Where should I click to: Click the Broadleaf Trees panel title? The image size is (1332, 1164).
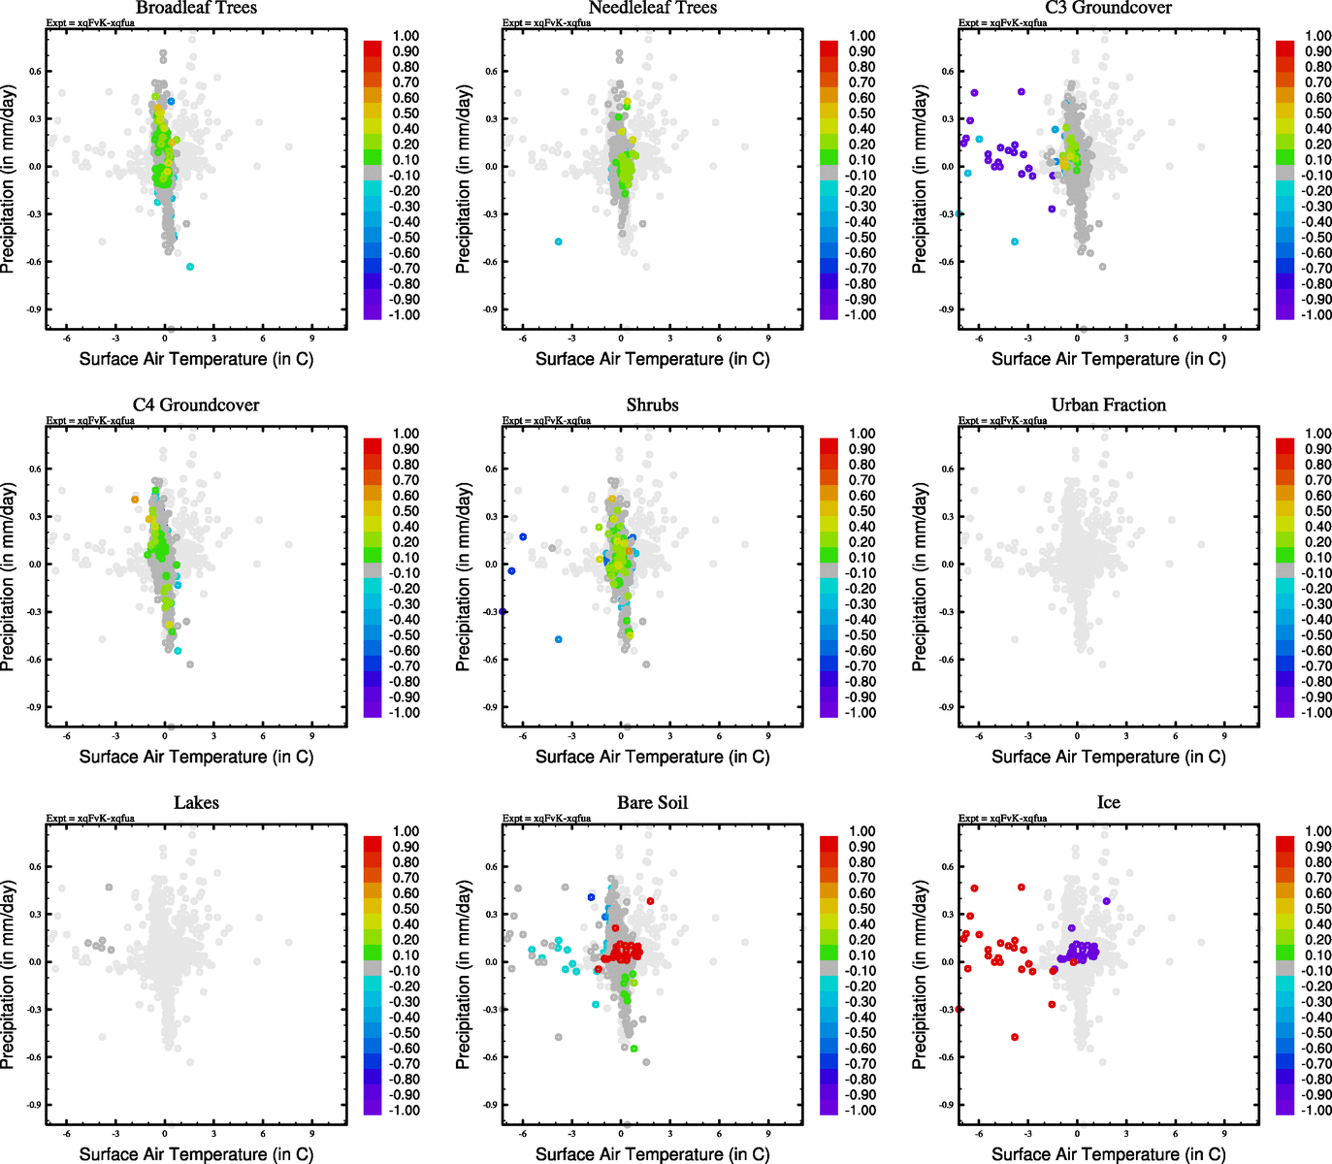click(x=196, y=8)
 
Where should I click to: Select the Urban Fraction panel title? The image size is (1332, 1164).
click(x=1108, y=405)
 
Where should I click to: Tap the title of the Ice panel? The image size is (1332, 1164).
click(x=1108, y=803)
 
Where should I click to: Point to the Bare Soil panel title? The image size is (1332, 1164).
click(x=652, y=803)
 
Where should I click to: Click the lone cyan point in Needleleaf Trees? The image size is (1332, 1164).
click(x=558, y=242)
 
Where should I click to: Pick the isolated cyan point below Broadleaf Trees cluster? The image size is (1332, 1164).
click(x=190, y=267)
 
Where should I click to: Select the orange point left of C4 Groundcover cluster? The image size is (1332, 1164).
click(x=136, y=500)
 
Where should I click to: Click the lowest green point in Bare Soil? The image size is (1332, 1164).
click(x=634, y=1049)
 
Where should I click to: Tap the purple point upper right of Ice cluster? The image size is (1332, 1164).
click(x=1106, y=901)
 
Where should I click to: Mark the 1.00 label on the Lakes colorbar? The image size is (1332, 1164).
click(x=406, y=831)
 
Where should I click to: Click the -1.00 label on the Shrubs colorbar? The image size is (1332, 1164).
click(x=862, y=713)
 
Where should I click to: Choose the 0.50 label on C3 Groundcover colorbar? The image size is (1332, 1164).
click(x=1318, y=113)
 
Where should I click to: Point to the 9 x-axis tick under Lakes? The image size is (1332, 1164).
click(x=312, y=1133)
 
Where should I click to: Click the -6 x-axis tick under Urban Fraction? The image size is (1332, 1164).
click(x=978, y=735)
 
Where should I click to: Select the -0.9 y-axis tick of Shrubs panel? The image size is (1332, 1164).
click(x=492, y=707)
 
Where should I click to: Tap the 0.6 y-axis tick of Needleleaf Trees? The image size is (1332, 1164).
click(x=492, y=71)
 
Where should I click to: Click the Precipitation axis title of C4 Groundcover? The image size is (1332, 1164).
click(x=9, y=577)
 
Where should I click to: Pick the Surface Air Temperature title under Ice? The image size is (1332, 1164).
click(x=1108, y=1154)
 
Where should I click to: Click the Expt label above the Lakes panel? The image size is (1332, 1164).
click(x=90, y=819)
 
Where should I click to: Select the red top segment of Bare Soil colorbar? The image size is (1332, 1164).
click(x=828, y=843)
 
